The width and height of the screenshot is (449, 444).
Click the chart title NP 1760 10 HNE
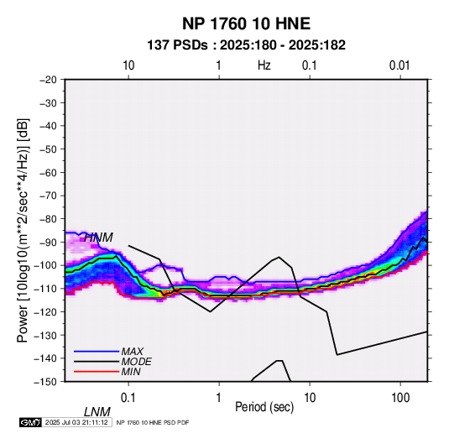click(246, 24)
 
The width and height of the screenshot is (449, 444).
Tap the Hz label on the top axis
click(264, 65)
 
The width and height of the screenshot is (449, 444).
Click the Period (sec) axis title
click(264, 407)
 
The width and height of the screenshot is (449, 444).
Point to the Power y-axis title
click(23, 231)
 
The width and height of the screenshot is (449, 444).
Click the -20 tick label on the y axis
click(48, 80)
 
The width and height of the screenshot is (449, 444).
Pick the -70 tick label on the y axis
click(48, 196)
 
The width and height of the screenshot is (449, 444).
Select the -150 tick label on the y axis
click(45, 382)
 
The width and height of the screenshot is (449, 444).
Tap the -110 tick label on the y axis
click(45, 289)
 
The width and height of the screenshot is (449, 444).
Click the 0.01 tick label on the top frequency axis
click(399, 65)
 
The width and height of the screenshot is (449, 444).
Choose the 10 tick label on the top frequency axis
click(128, 65)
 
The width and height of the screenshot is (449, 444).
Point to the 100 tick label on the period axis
click(400, 398)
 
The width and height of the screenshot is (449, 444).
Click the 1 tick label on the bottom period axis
click(219, 398)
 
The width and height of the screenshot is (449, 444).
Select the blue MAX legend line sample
click(97, 352)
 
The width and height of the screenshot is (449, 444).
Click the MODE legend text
click(136, 362)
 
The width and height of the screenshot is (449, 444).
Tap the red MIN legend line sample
click(97, 372)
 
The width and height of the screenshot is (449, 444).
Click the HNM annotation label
click(98, 238)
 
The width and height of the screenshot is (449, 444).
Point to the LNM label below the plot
click(97, 412)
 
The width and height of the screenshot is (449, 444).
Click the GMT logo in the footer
click(31, 422)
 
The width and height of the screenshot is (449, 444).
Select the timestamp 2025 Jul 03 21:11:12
click(76, 422)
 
